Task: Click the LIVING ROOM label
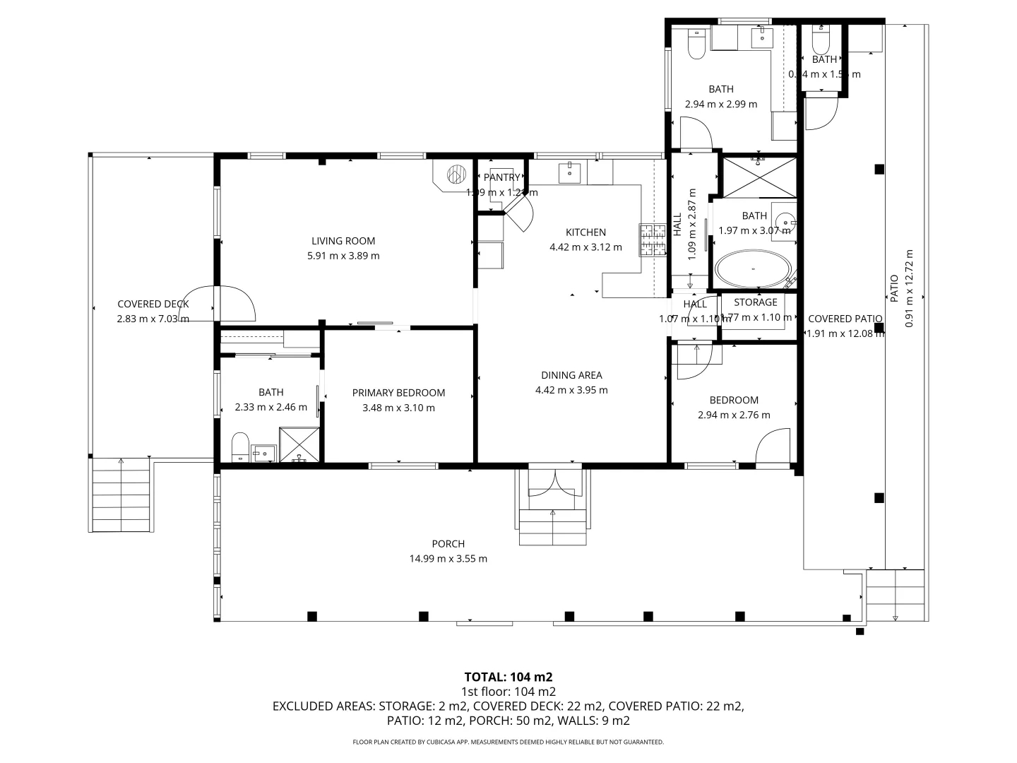[343, 241]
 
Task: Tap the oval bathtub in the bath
[753, 269]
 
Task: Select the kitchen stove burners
[653, 239]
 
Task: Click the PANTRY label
[501, 177]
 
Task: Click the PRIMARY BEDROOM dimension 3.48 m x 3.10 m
[398, 408]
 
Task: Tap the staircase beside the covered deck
[121, 495]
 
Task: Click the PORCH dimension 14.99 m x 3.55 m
[448, 558]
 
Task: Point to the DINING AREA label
[571, 375]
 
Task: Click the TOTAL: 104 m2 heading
[508, 677]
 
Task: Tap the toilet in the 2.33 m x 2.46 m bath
[241, 446]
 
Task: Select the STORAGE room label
[755, 302]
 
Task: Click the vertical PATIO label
[893, 288]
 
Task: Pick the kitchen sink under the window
[569, 172]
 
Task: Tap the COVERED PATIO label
[845, 319]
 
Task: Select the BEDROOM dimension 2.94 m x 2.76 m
[734, 415]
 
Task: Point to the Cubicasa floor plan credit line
[508, 742]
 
